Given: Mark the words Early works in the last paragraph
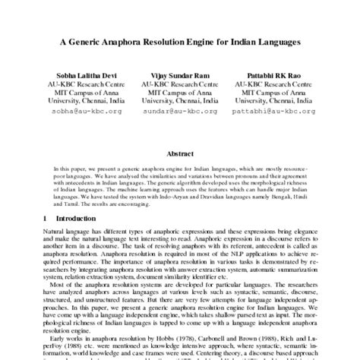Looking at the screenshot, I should click(x=63, y=337).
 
